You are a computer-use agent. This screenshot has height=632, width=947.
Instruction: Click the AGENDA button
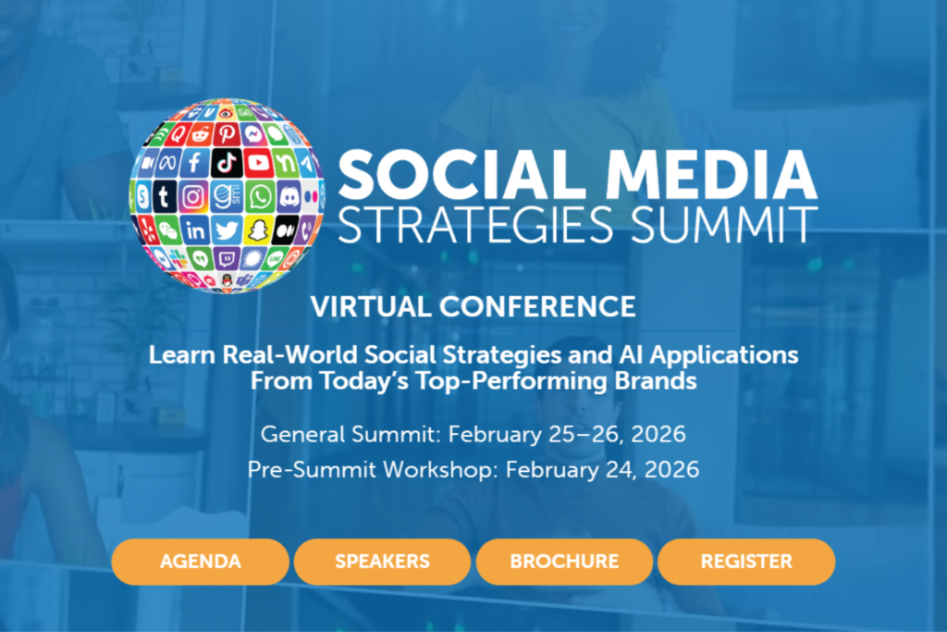point(200,562)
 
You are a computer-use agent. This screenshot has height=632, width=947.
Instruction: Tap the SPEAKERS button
point(382,562)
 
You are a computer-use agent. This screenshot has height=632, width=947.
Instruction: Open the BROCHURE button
point(564,562)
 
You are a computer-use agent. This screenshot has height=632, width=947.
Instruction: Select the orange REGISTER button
point(745,562)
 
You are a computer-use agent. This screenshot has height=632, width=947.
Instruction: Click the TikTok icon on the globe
point(227,163)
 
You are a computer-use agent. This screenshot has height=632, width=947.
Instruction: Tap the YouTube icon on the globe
point(259,164)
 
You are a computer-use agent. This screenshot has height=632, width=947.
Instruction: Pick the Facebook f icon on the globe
point(194,164)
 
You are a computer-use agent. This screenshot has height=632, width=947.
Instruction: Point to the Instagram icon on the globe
point(193,196)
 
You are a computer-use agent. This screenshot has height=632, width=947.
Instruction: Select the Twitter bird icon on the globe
point(226,229)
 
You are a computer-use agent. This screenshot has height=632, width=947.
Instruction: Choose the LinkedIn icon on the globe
point(195,229)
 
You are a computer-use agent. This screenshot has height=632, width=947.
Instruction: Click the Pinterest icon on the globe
point(224,135)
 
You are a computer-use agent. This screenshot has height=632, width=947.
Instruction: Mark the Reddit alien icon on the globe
point(198,136)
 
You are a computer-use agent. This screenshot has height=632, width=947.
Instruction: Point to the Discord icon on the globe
point(289,196)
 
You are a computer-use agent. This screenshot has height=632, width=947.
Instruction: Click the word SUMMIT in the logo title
point(730,224)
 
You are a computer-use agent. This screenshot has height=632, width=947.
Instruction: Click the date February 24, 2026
point(602,469)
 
